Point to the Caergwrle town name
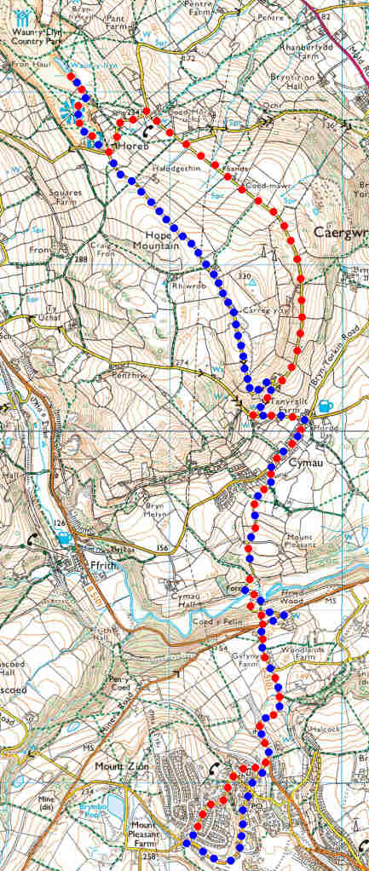pos(341,232)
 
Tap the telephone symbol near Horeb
pos(150,130)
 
